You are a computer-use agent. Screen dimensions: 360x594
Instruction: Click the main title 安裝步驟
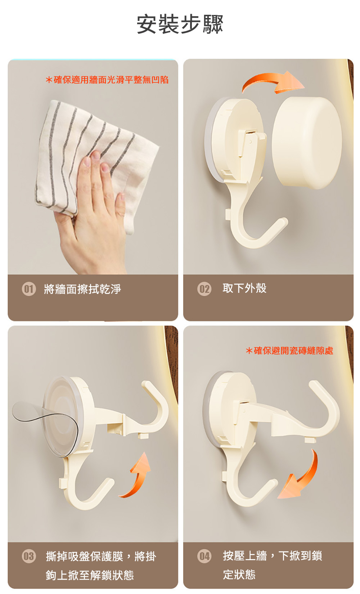point(180,24)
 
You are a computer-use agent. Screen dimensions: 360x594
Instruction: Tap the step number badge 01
point(29,289)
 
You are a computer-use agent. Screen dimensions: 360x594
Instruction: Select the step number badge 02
point(204,289)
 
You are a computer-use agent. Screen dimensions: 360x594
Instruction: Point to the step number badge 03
point(29,556)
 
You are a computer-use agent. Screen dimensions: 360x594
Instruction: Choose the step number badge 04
point(204,556)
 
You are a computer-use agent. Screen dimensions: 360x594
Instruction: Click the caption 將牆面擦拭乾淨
point(82,289)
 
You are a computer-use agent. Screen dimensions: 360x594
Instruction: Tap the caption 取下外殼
point(244,288)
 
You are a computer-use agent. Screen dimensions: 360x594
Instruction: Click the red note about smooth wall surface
point(107,80)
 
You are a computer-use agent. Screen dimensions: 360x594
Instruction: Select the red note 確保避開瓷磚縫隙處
point(289,350)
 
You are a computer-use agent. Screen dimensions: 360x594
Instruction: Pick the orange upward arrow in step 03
point(136,475)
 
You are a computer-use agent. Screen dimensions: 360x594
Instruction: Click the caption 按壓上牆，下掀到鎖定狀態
point(272,565)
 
